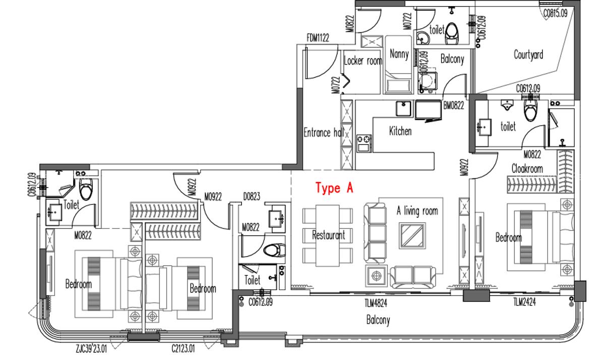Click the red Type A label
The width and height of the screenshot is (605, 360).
[x=334, y=189]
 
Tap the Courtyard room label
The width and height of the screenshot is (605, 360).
[x=528, y=54]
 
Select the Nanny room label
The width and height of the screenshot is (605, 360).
[x=399, y=53]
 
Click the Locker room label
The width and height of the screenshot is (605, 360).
[x=362, y=61]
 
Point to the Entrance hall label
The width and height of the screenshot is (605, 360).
[x=323, y=133]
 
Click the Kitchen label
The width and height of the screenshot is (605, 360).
[x=400, y=131]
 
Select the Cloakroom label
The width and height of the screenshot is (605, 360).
[x=527, y=169]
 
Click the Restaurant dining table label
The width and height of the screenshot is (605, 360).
[x=328, y=235]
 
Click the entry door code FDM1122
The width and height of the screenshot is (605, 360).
[x=318, y=37]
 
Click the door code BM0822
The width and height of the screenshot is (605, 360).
[x=453, y=106]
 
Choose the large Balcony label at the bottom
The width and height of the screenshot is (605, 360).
[x=378, y=320]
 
